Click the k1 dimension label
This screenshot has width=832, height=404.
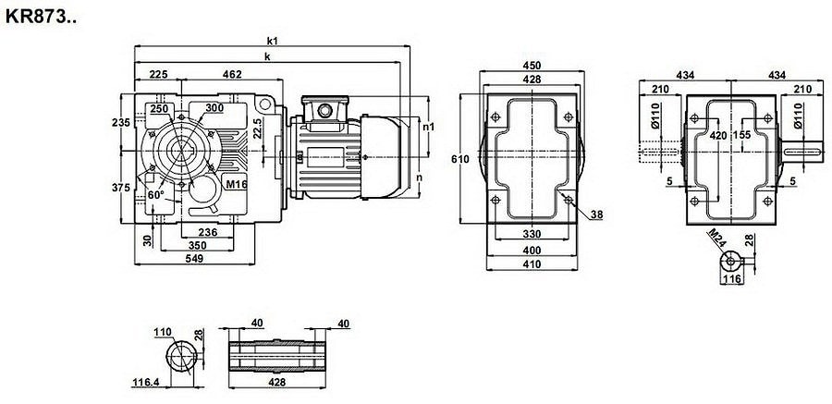pos(273,41)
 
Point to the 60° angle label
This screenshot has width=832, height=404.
pos(155,196)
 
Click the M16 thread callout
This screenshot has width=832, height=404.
pos(235,185)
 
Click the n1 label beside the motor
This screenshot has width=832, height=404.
pos(428,127)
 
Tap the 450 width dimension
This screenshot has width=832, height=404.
pos(532,66)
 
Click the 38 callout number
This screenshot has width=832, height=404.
pos(596,214)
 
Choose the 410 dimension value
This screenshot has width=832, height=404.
pos(532,265)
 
